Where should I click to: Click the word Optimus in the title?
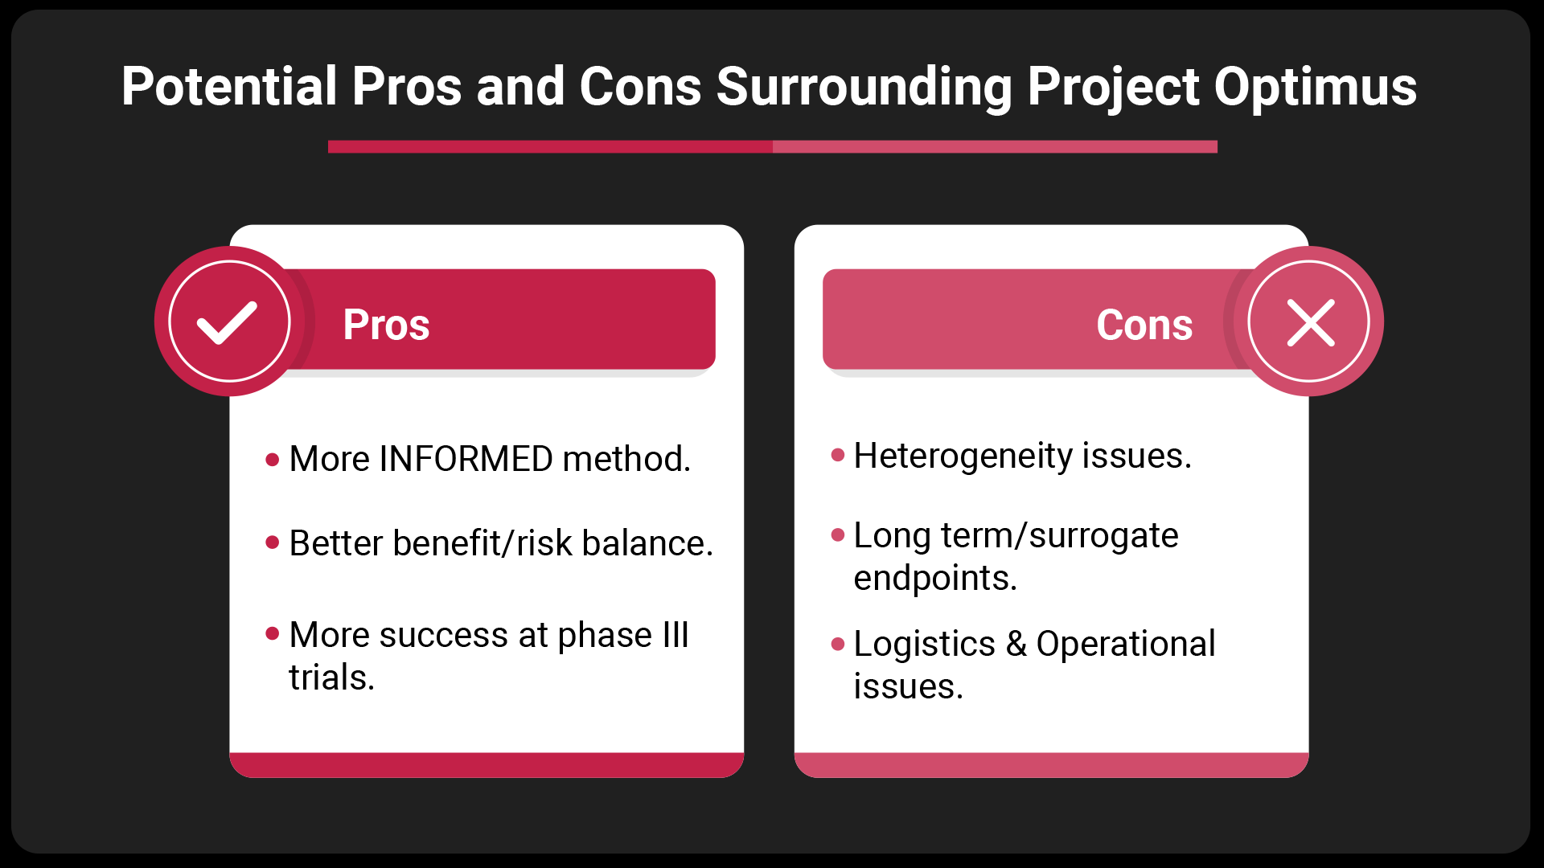pyautogui.click(x=1315, y=87)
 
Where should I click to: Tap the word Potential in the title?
pyautogui.click(x=229, y=85)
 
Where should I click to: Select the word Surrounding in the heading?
pyautogui.click(x=864, y=87)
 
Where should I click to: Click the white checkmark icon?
pyautogui.click(x=228, y=322)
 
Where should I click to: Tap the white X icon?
pyautogui.click(x=1311, y=322)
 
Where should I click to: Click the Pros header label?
pyautogui.click(x=386, y=325)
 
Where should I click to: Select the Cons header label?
pyautogui.click(x=1144, y=325)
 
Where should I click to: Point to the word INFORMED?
pyautogui.click(x=466, y=459)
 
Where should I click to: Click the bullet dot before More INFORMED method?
pyautogui.click(x=273, y=460)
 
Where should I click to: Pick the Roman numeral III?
pyautogui.click(x=675, y=635)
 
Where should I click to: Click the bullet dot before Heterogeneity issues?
pyautogui.click(x=838, y=456)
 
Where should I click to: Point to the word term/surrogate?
pyautogui.click(x=1060, y=536)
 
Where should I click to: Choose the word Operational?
pyautogui.click(x=1126, y=644)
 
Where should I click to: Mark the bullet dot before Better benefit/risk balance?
pyautogui.click(x=273, y=543)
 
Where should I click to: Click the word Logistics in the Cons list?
pyautogui.click(x=924, y=645)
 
